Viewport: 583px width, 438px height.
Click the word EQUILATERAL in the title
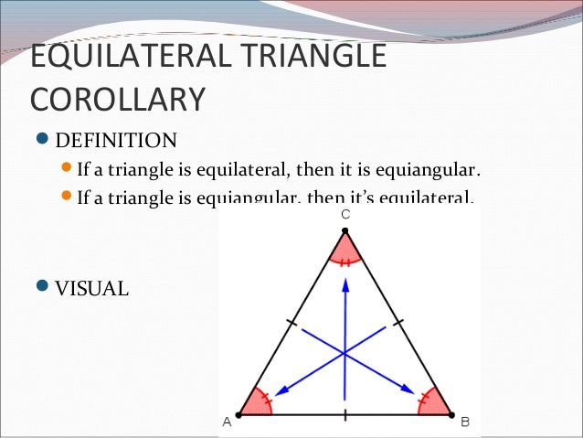pyautogui.click(x=132, y=56)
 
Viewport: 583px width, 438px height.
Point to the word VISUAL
pyautogui.click(x=92, y=289)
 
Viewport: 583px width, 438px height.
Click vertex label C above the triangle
pyautogui.click(x=345, y=213)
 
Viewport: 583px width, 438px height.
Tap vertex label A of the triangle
pyautogui.click(x=227, y=422)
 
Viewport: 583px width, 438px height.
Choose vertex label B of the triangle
pyautogui.click(x=465, y=422)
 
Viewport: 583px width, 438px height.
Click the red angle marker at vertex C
pyautogui.click(x=345, y=250)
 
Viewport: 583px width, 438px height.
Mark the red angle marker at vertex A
pyautogui.click(x=257, y=403)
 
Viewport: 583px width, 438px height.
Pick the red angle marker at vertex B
pyautogui.click(x=434, y=403)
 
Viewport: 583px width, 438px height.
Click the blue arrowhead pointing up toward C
pyautogui.click(x=345, y=284)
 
